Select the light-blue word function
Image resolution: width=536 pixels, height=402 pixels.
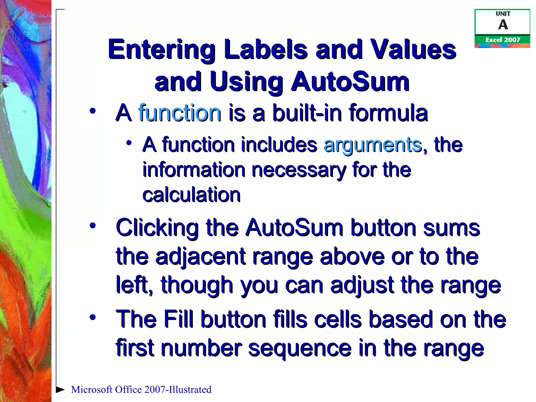179,113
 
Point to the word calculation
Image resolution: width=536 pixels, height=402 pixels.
191,195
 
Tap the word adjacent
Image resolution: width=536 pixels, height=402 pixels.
200,256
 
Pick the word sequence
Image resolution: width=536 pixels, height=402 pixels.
300,348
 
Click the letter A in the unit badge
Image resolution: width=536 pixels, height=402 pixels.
503,25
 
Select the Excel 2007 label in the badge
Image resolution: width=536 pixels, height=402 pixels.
502,40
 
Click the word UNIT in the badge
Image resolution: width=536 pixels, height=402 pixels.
503,14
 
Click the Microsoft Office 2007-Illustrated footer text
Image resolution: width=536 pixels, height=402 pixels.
141,389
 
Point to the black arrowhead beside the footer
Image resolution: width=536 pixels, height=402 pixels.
60,389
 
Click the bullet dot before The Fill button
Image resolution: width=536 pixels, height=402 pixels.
92,317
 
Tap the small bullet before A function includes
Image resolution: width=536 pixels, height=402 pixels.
129,143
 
